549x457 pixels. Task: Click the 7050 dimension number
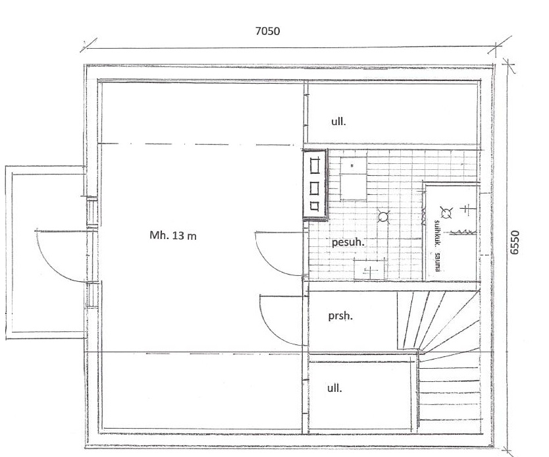[x=267, y=31]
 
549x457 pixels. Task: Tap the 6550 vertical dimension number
[x=514, y=242]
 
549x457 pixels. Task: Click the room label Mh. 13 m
[x=173, y=235]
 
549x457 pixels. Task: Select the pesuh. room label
[x=348, y=242]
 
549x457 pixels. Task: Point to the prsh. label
[x=340, y=316]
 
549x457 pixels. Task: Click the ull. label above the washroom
[x=338, y=122]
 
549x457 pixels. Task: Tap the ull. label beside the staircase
[x=334, y=388]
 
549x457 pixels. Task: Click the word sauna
[x=437, y=261]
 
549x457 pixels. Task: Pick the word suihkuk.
[x=437, y=232]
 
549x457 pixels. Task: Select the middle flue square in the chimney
[x=315, y=189]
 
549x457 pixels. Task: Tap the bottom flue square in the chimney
[x=315, y=206]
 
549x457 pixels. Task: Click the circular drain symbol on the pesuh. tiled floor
[x=384, y=217]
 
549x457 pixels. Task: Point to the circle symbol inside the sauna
[x=446, y=213]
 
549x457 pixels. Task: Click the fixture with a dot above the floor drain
[x=353, y=178]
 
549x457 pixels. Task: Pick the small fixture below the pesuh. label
[x=369, y=269]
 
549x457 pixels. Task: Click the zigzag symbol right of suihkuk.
[x=463, y=232]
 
